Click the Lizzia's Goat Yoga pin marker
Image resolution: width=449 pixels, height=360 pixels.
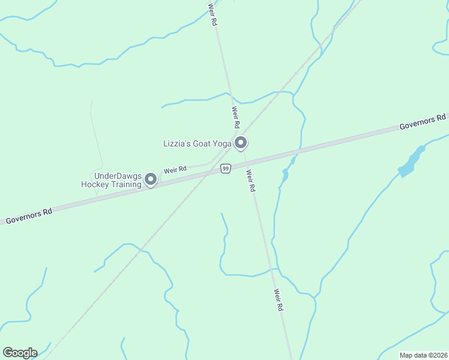(241, 143)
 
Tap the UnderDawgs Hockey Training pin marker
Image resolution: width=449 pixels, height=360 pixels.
(151, 179)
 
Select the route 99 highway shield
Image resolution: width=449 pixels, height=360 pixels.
(225, 169)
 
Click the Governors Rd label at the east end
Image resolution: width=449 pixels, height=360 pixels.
(423, 122)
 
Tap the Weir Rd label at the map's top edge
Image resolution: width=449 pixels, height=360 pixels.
(212, 13)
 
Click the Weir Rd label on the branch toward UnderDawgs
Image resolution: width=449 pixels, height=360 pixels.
(175, 169)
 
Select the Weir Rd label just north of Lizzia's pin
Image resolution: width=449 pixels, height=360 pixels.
(236, 118)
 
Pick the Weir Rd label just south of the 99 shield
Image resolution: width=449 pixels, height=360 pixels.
(251, 180)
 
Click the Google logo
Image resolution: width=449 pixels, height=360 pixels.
(20, 353)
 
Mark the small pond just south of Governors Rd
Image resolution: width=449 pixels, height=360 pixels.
(285, 175)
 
